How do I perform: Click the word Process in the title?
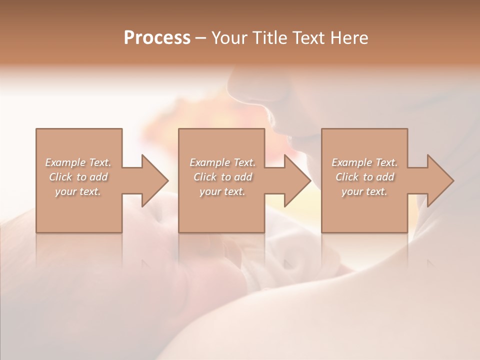(157, 37)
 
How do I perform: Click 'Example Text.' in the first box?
(78, 162)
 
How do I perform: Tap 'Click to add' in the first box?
(78, 177)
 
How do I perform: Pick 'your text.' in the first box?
(78, 191)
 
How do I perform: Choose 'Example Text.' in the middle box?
(222, 162)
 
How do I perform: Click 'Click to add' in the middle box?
(222, 177)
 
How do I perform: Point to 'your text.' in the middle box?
(222, 191)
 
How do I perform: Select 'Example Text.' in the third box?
(364, 162)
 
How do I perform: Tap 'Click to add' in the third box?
(364, 177)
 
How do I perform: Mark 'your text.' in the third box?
(364, 191)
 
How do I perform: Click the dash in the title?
(201, 38)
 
